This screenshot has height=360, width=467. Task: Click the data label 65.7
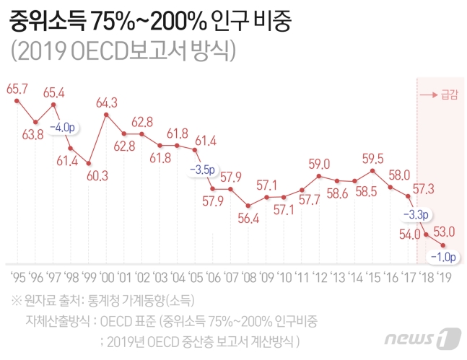click(17, 88)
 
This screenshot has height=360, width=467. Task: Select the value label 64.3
click(107, 102)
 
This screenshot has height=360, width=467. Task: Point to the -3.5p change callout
click(203, 170)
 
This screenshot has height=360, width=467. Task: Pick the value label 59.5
click(373, 158)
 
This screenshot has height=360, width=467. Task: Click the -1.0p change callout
click(443, 256)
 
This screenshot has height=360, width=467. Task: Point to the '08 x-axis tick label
click(248, 277)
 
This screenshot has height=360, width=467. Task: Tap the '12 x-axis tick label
click(319, 277)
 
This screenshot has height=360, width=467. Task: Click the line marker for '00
click(107, 114)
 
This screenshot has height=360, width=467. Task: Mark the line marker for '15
click(372, 170)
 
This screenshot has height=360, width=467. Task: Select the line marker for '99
click(89, 163)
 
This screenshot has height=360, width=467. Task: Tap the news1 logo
click(422, 337)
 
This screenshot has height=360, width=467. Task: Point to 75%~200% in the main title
click(147, 22)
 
